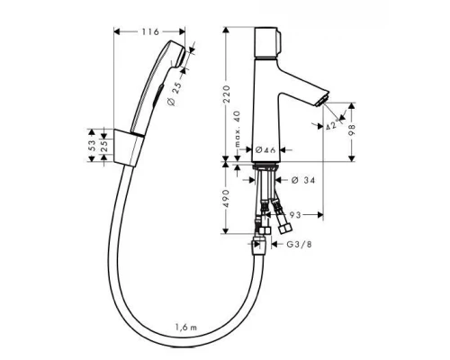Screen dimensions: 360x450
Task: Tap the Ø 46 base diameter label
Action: pyautogui.click(x=265, y=148)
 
